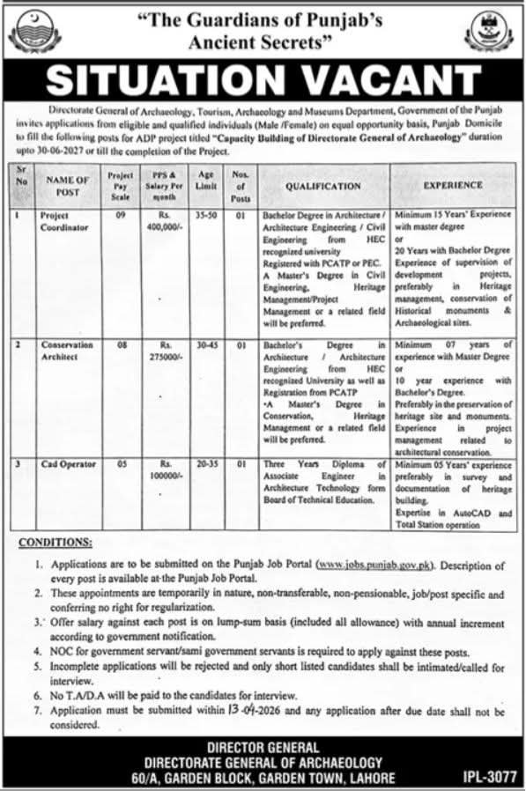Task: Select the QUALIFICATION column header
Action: (x=322, y=187)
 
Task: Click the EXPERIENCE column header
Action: (x=453, y=185)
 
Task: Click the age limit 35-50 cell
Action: (x=206, y=214)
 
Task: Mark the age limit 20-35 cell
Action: (x=206, y=463)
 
